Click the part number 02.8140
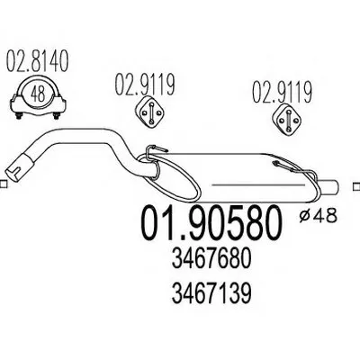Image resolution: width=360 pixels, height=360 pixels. point(38,62)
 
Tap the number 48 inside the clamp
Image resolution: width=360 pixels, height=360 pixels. point(39,94)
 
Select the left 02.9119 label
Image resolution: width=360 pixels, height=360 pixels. point(145,85)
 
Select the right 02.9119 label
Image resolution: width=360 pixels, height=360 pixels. point(282,92)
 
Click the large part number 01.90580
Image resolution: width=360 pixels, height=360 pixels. point(211,222)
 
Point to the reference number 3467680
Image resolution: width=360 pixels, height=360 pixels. point(211,259)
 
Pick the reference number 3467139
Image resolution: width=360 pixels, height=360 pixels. point(211,292)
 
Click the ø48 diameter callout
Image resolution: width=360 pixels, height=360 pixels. point(318,215)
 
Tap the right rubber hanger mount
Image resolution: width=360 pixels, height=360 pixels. point(289,119)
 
